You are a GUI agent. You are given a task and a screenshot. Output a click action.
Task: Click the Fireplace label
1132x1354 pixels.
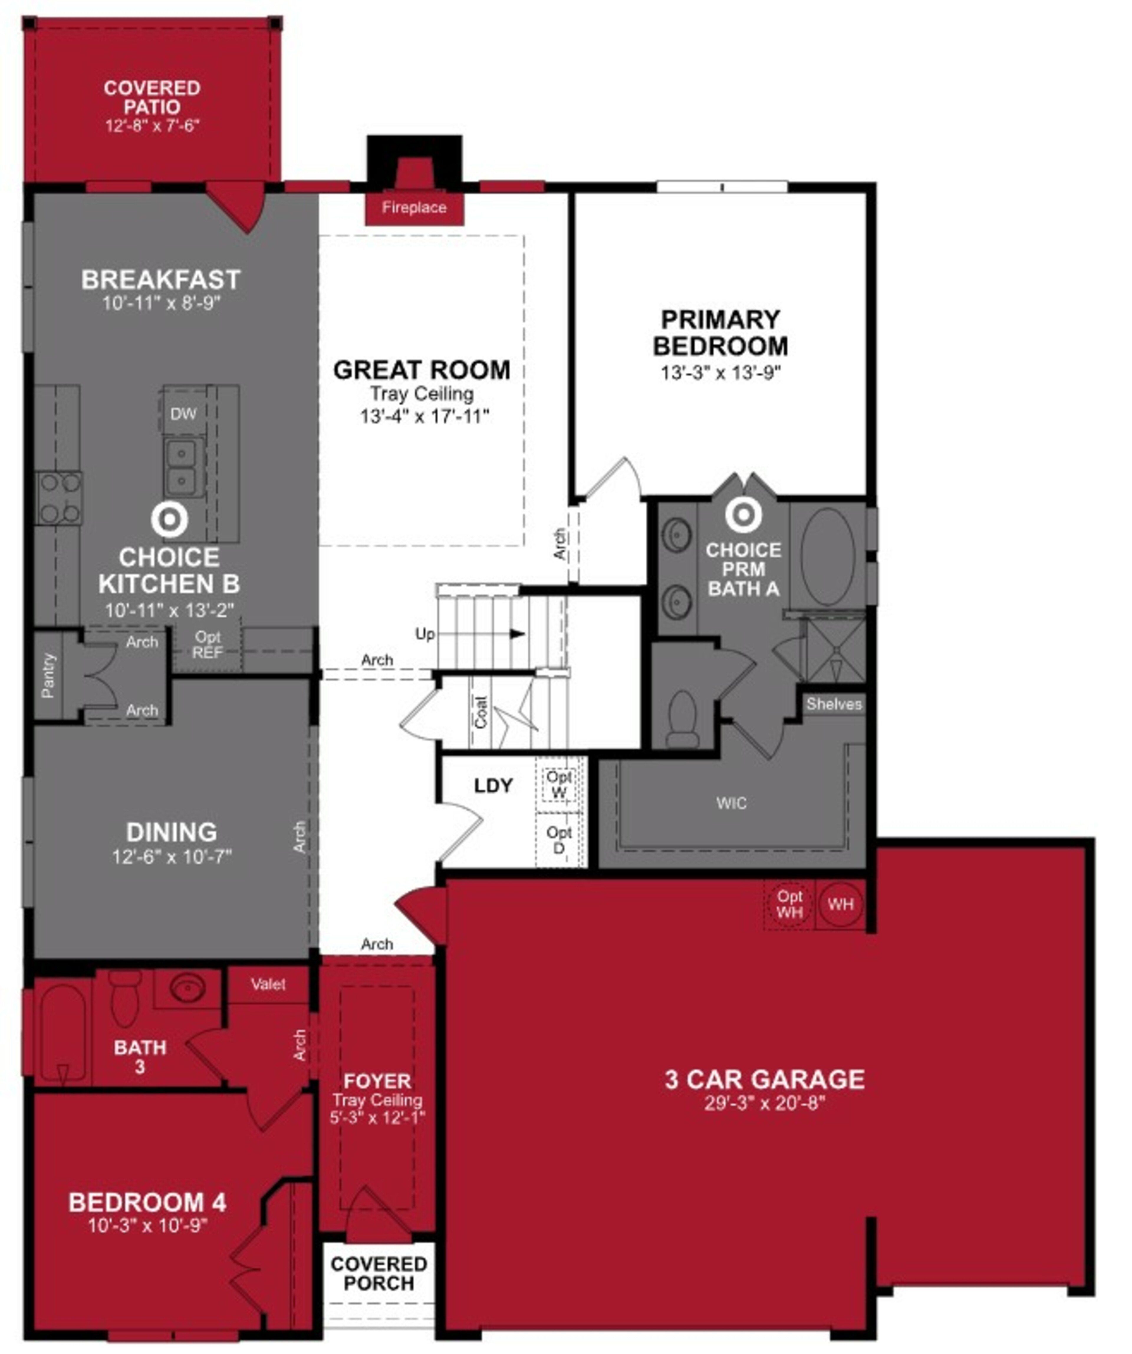pyautogui.click(x=414, y=208)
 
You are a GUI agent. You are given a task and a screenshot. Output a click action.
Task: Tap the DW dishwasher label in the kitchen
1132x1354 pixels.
pyautogui.click(x=183, y=414)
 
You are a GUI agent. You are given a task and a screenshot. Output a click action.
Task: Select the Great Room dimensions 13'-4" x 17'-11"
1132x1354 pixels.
pyautogui.click(x=424, y=417)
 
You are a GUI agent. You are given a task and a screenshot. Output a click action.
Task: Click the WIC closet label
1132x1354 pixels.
pyautogui.click(x=731, y=803)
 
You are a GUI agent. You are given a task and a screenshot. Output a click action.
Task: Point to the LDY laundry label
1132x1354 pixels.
pyautogui.click(x=493, y=785)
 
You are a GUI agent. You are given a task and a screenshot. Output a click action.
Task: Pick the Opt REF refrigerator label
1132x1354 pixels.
pyautogui.click(x=208, y=644)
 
